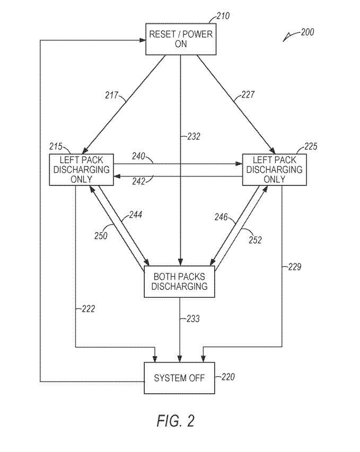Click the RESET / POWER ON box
(180, 39)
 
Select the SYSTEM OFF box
(180, 378)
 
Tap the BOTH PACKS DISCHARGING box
(180, 281)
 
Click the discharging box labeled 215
(82, 170)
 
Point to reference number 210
(223, 16)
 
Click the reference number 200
(307, 32)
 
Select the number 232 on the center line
(194, 136)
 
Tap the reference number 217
(112, 95)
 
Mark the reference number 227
(248, 95)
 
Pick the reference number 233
(194, 319)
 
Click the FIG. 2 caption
(176, 421)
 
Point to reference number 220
(227, 377)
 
